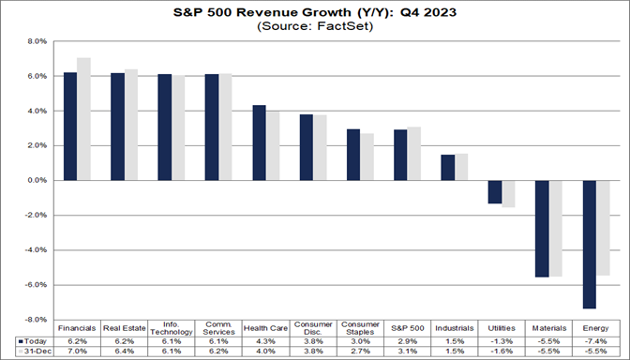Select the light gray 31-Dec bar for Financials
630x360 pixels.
point(84,119)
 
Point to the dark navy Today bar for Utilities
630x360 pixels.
point(495,191)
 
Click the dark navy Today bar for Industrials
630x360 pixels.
point(448,167)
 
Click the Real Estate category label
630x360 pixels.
point(125,327)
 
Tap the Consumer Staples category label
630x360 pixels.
point(361,327)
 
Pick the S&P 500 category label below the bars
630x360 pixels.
point(408,327)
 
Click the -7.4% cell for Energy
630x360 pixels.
point(597,341)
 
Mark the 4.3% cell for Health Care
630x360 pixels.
point(266,341)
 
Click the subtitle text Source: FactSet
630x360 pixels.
point(314,27)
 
